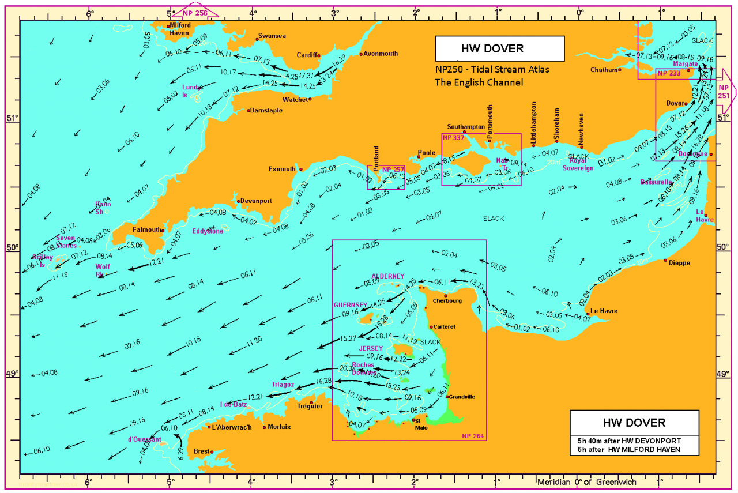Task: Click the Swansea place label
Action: pyautogui.click(x=272, y=36)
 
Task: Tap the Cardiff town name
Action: pyautogui.click(x=307, y=55)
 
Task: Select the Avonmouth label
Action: pyautogui.click(x=381, y=54)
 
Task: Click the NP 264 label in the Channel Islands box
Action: pyautogui.click(x=473, y=435)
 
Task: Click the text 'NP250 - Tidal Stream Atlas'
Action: pyautogui.click(x=492, y=70)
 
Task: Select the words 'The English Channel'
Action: pyautogui.click(x=479, y=82)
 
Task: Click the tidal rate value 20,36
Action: pyautogui.click(x=348, y=368)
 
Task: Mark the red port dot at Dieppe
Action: pyautogui.click(x=665, y=260)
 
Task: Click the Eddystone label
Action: pyautogui.click(x=208, y=231)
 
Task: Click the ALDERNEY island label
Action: pyautogui.click(x=387, y=276)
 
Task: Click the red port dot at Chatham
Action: pyautogui.click(x=620, y=70)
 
